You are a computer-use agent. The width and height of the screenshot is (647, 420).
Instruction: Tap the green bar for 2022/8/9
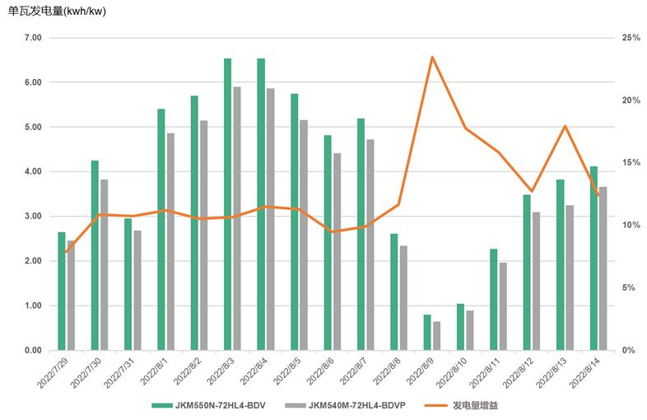click(427, 333)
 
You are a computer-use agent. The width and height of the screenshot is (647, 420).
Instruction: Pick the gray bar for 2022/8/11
click(503, 306)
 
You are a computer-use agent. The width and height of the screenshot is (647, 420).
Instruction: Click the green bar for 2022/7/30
click(95, 255)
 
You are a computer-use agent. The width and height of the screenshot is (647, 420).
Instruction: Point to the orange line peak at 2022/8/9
click(432, 57)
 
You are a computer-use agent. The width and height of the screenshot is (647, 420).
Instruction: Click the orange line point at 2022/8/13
click(565, 126)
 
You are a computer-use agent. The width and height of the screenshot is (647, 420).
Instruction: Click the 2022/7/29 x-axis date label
click(54, 373)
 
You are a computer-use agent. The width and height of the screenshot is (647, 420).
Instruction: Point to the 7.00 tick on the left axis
click(33, 38)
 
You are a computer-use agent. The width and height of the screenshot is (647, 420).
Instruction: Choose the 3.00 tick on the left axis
click(33, 217)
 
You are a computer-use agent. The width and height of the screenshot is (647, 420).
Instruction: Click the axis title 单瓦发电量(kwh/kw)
click(57, 12)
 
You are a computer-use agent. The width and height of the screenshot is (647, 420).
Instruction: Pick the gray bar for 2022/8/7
click(370, 245)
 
